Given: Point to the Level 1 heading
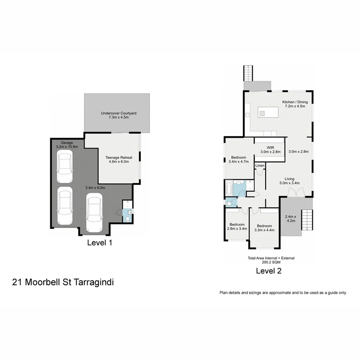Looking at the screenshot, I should click(99, 242).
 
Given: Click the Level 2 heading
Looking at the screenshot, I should click(269, 271).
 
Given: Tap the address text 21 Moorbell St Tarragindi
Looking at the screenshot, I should click(63, 282).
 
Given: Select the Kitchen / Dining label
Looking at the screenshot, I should click(295, 104).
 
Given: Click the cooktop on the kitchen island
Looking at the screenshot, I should click(262, 113).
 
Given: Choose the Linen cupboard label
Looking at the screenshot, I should click(260, 165).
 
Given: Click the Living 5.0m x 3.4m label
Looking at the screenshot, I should click(289, 181).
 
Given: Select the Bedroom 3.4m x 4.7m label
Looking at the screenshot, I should click(238, 159).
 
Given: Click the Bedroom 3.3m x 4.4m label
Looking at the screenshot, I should click(264, 227).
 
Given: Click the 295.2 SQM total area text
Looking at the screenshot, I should click(271, 263).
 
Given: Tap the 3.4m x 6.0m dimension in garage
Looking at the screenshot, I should click(95, 188).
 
